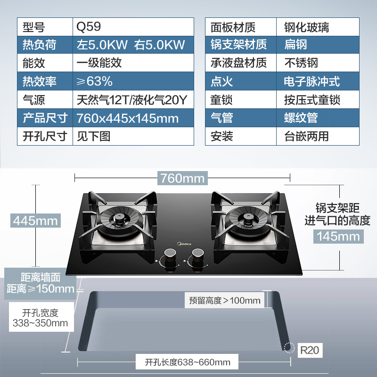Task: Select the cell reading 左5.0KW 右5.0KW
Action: pyautogui.click(x=131, y=45)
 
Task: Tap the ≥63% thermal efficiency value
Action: pyautogui.click(x=95, y=81)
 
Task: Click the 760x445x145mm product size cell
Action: pyautogui.click(x=128, y=118)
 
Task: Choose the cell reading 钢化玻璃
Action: pyautogui.click(x=306, y=26)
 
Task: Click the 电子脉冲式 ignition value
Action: pyautogui.click(x=311, y=82)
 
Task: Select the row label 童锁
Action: pyautogui.click(x=221, y=100)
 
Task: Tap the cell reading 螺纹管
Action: pyautogui.click(x=301, y=118)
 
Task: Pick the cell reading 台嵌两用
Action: pyautogui.click(x=306, y=136)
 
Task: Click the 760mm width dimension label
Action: pyautogui.click(x=182, y=178)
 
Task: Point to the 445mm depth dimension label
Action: pyautogui.click(x=36, y=220)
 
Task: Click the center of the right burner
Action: pyautogui.click(x=246, y=218)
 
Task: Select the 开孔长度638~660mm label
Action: pyautogui.click(x=188, y=362)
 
